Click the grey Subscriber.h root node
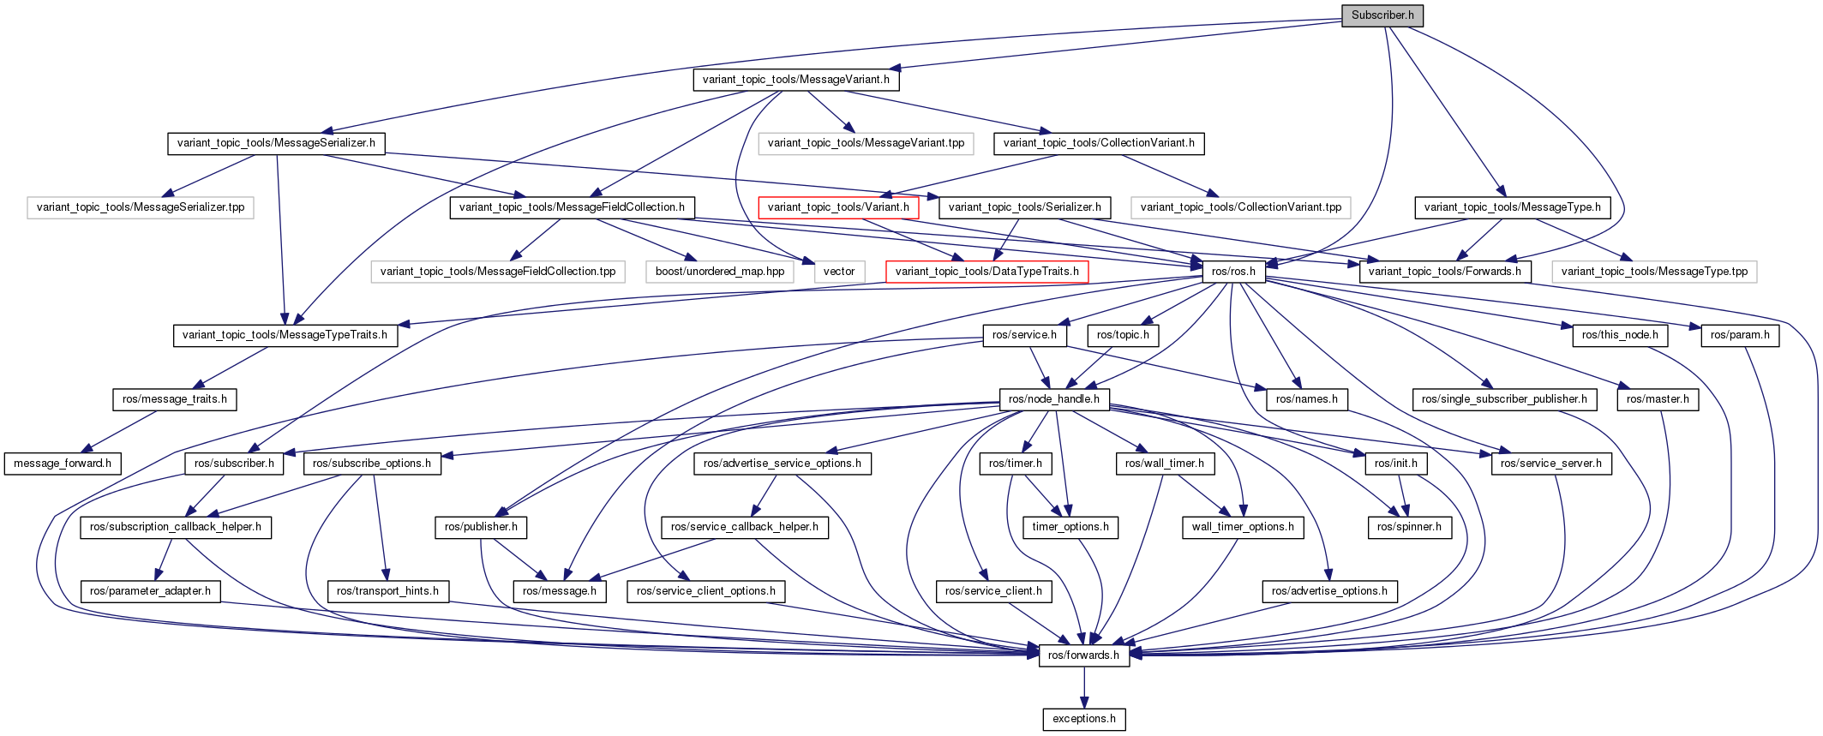pos(1382,15)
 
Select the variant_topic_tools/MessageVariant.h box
pos(795,80)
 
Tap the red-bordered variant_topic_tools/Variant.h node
pos(838,207)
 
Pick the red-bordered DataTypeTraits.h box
pos(986,272)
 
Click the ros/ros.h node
pos(1233,272)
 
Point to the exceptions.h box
pos(1084,719)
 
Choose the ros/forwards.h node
pos(1083,655)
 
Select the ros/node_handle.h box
pos(1054,399)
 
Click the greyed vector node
pos(839,272)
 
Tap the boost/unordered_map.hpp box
pos(720,272)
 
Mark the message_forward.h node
pos(63,464)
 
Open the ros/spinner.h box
pos(1409,527)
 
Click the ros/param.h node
pos(1740,335)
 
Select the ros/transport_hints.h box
pos(387,591)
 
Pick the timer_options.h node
pos(1070,527)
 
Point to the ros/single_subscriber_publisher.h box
pos(1504,399)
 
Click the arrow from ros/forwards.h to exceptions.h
pos(1084,687)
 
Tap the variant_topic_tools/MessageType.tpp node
pos(1654,272)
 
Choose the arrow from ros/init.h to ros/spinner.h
pos(1403,495)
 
